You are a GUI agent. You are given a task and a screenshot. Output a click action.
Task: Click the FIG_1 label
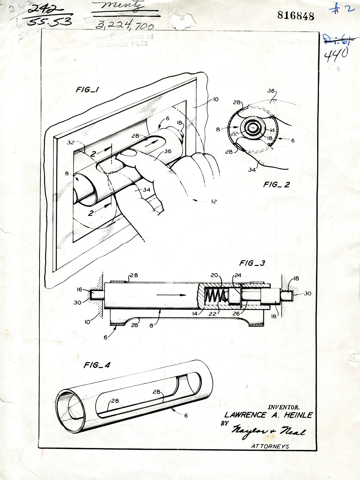point(87,91)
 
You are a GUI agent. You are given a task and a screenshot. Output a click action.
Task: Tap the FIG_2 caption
point(276,185)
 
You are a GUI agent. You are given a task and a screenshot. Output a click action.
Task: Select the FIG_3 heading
point(252,263)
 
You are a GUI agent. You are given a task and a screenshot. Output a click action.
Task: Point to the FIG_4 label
point(97,365)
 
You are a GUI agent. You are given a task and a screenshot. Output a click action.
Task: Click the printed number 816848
point(296,15)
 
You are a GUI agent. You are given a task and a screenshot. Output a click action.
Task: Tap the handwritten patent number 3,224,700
point(124,26)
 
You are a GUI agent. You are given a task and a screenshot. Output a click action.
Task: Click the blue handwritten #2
point(342,9)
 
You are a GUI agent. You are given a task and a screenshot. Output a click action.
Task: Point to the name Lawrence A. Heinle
point(268,415)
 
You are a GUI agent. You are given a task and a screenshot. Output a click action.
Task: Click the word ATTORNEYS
point(270,446)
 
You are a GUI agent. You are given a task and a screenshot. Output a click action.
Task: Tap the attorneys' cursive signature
point(268,431)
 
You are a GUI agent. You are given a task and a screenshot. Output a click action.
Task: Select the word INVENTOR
point(284,407)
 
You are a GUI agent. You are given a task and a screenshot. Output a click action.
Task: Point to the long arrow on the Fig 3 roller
point(171,295)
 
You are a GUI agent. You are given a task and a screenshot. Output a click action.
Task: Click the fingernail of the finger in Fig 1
point(127,153)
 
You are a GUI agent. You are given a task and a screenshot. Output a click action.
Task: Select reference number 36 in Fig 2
point(271,92)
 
